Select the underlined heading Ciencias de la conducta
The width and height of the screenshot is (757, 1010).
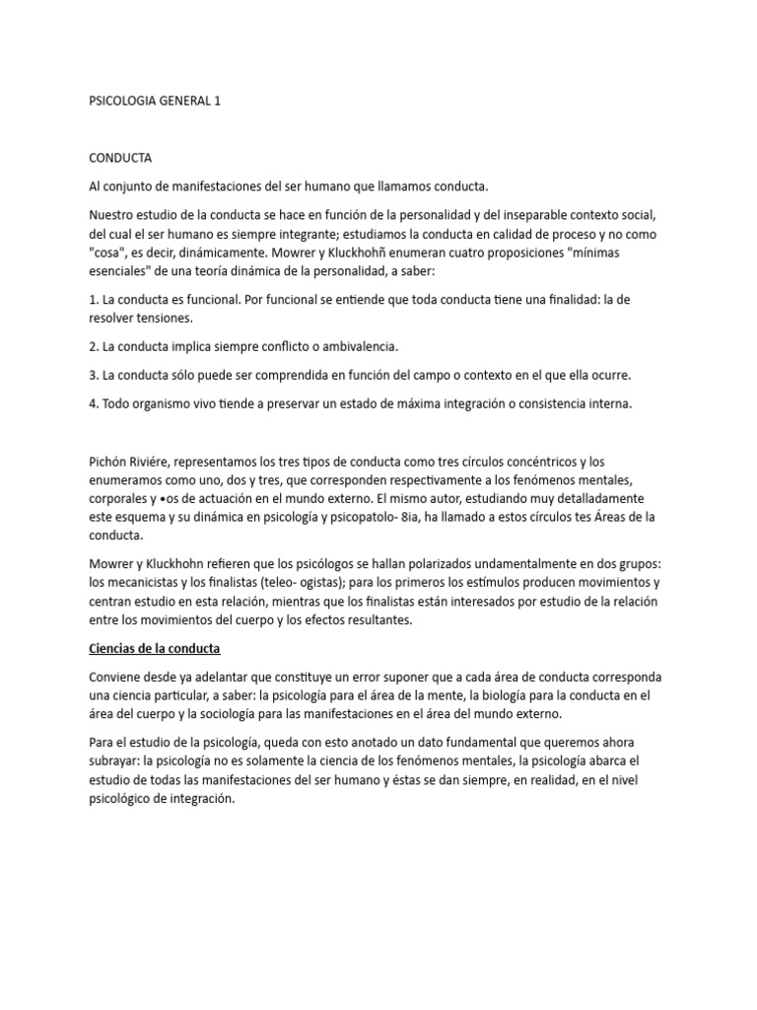[154, 648]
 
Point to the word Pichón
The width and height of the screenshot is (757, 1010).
[109, 462]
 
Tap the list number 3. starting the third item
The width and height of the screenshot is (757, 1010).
[94, 375]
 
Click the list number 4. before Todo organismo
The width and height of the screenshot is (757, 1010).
[94, 403]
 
